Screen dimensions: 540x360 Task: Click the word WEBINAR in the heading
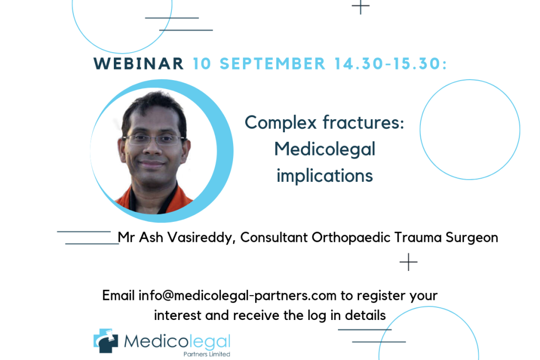[139, 64]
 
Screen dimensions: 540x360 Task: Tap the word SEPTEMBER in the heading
[273, 64]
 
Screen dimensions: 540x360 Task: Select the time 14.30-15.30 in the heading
[391, 64]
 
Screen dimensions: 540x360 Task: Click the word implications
[325, 177]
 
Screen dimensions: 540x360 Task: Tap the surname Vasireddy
[201, 238]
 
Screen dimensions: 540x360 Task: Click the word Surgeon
[472, 238]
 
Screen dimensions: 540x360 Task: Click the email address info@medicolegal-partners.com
[237, 296]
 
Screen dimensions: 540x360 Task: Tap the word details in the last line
[365, 315]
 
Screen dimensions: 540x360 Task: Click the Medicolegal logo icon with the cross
[105, 340]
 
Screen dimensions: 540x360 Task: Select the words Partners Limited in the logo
[207, 354]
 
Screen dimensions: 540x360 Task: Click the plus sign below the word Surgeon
[409, 262]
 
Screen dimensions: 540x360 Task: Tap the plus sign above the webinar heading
[361, 6]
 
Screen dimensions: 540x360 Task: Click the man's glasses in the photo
[153, 139]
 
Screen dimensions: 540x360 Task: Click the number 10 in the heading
[202, 64]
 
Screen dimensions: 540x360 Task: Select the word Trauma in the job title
[418, 238]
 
